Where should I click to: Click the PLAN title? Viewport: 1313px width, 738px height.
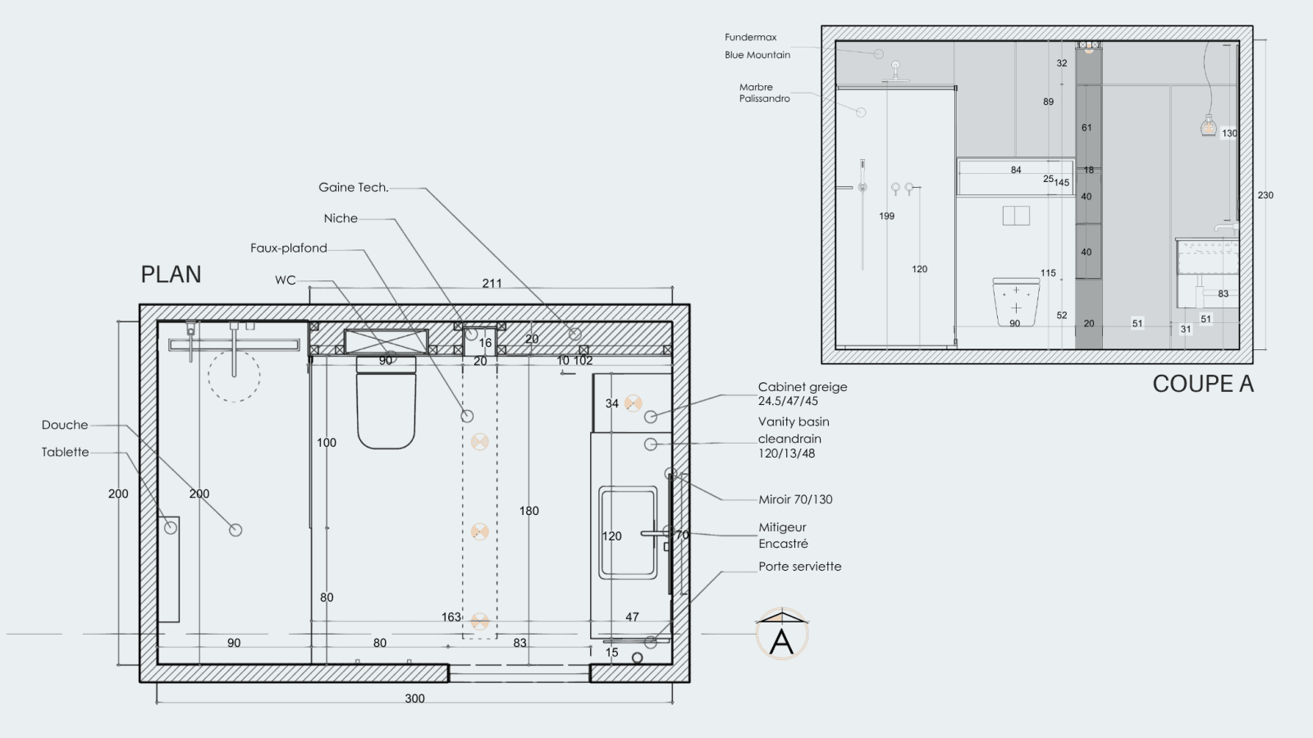point(172,274)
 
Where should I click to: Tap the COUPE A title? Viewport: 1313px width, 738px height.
point(1203,385)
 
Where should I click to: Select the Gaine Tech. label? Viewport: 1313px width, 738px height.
point(354,188)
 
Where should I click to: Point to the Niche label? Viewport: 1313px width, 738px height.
point(341,218)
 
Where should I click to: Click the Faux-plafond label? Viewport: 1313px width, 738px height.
point(288,248)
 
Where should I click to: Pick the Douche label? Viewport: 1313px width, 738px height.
point(65,425)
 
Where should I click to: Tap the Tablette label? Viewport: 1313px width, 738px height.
point(65,452)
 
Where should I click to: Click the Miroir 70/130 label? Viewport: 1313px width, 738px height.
point(795,499)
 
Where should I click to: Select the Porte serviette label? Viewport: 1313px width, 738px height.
point(799,567)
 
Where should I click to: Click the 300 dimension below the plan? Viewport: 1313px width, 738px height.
point(414,698)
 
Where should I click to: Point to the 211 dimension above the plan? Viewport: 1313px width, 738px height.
point(492,284)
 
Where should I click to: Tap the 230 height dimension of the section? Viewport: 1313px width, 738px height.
point(1265,195)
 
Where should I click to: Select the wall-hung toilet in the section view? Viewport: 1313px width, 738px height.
point(1016,303)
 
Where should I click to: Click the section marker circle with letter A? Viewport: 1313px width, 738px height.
point(782,635)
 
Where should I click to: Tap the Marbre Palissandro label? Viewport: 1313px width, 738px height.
point(764,93)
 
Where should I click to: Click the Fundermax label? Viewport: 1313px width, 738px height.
point(750,37)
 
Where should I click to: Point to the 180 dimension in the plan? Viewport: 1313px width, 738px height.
point(528,511)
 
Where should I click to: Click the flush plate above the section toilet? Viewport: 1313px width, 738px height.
point(1017,216)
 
